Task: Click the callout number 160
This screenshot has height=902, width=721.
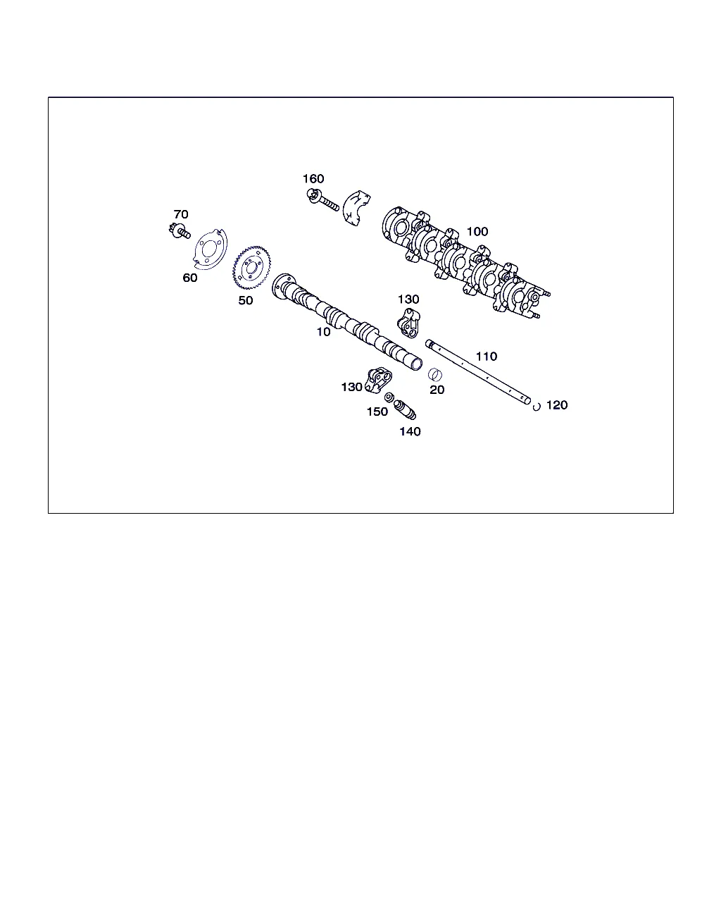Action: pyautogui.click(x=313, y=179)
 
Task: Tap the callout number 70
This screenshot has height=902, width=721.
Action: pyautogui.click(x=181, y=214)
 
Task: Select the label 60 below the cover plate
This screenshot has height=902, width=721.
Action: pyautogui.click(x=190, y=278)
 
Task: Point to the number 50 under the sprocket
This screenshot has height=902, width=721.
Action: pyautogui.click(x=246, y=300)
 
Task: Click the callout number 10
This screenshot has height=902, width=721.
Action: pyautogui.click(x=323, y=332)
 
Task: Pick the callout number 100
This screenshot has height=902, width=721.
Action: pyautogui.click(x=477, y=231)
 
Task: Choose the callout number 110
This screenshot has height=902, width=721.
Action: pyautogui.click(x=487, y=357)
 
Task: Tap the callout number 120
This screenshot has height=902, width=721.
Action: pyautogui.click(x=557, y=405)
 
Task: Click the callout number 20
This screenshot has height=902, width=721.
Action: pyautogui.click(x=437, y=390)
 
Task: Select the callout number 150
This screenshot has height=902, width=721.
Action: pyautogui.click(x=377, y=412)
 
